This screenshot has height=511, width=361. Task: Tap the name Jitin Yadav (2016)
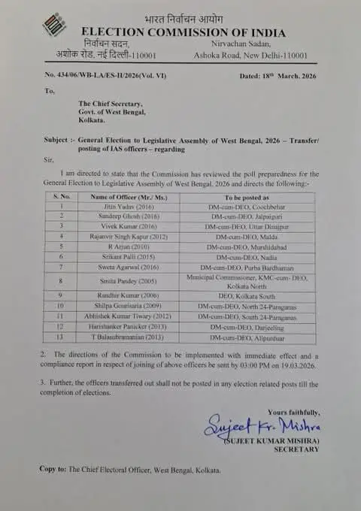pyautogui.click(x=117, y=205)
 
